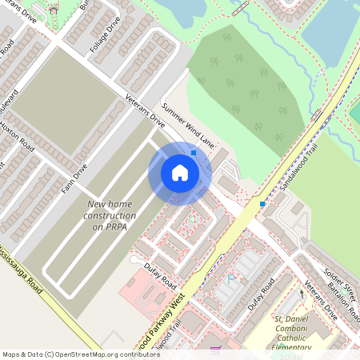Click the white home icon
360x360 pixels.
pyautogui.click(x=179, y=173)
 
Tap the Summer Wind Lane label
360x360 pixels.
pyautogui.click(x=188, y=125)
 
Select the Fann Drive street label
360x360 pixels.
pyautogui.click(x=74, y=181)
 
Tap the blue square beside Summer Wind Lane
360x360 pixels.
pyautogui.click(x=194, y=152)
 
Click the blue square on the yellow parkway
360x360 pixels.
pyautogui.click(x=262, y=204)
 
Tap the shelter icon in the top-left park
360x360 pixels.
pyautogui.click(x=54, y=10)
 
